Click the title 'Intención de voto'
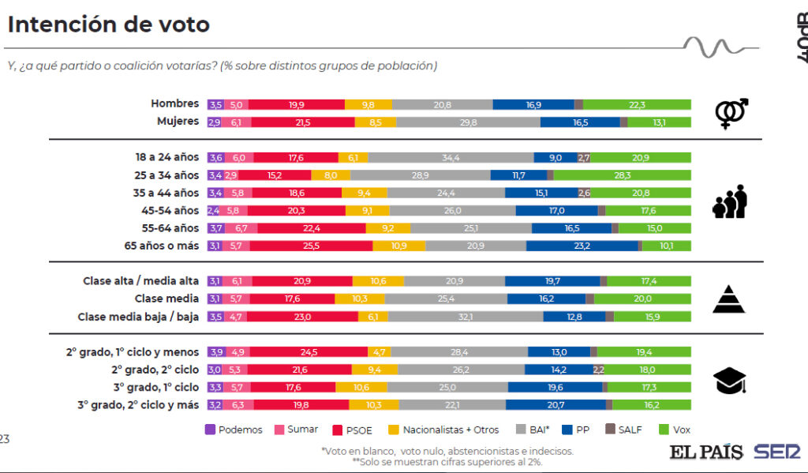click(109, 24)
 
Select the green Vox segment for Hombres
click(637, 104)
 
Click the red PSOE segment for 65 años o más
click(311, 246)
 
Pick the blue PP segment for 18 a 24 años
click(555, 157)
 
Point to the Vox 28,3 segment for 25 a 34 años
click(622, 175)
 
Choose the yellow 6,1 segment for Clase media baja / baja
click(372, 317)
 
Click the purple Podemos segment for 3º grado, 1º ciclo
click(215, 387)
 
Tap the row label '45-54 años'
click(173, 210)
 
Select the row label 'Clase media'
click(166, 298)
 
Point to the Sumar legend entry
click(297, 430)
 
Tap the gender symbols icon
click(731, 113)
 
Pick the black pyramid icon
click(729, 299)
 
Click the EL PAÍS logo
click(706, 452)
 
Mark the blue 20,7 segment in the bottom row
click(555, 404)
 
